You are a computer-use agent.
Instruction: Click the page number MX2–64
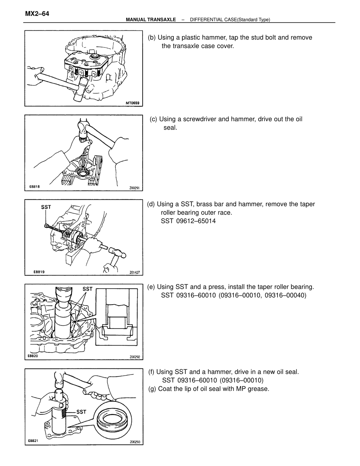(37, 14)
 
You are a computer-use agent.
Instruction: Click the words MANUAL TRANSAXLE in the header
(151, 20)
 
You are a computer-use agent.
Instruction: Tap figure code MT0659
(132, 103)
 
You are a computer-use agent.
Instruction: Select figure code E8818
(34, 186)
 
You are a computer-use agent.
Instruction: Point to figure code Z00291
(134, 188)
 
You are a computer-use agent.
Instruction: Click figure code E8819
(39, 272)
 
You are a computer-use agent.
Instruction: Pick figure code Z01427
(134, 272)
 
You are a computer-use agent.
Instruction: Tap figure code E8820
(33, 356)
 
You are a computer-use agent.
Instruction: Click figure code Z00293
(135, 442)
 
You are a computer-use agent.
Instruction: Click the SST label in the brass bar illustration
(46, 207)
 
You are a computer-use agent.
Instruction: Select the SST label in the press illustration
(87, 289)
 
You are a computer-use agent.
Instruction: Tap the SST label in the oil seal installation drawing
(81, 412)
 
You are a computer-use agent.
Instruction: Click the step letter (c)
(153, 119)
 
